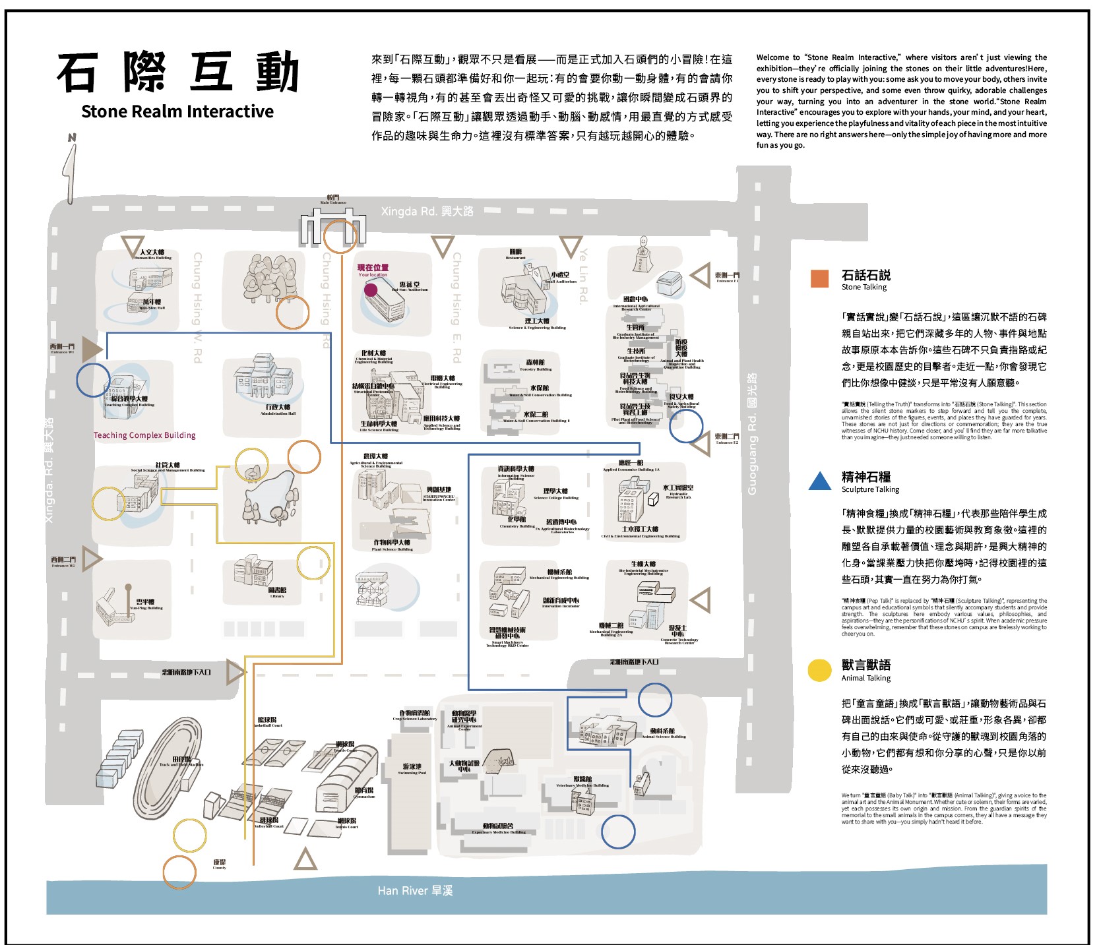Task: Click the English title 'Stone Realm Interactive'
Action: pos(177,111)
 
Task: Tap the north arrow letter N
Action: pos(72,138)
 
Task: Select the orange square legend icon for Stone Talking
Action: pos(819,278)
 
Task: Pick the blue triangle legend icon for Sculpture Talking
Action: pos(819,481)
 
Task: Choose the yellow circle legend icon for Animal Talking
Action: pos(819,670)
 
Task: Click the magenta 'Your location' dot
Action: pos(371,289)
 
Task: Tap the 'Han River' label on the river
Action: pos(415,891)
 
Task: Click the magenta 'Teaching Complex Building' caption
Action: pos(144,435)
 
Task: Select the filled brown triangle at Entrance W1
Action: pos(91,348)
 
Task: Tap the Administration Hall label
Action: pos(278,410)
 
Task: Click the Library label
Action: pos(277,592)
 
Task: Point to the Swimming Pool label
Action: pos(412,769)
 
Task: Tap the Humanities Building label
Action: pos(152,255)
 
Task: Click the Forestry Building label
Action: pos(536,365)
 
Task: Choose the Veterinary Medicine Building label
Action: pos(582,781)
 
